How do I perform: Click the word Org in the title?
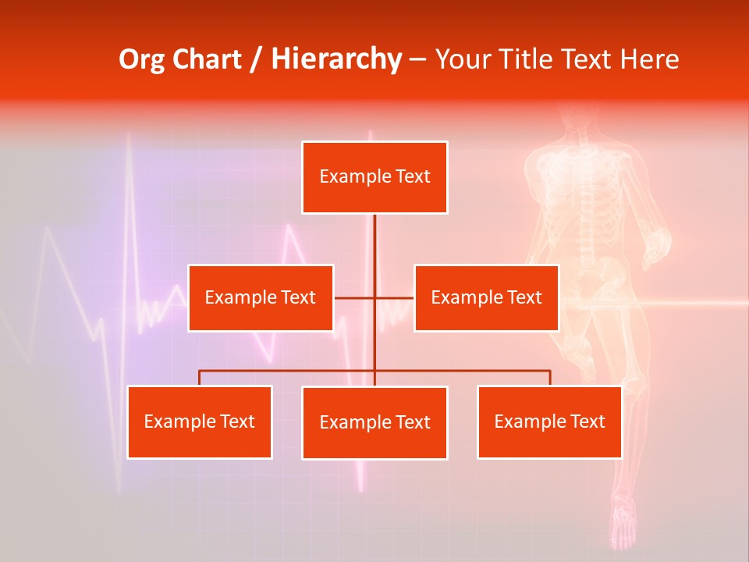pyautogui.click(x=140, y=59)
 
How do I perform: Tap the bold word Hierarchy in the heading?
pyautogui.click(x=336, y=59)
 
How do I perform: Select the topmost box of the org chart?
pyautogui.click(x=374, y=177)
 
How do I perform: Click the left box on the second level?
pyautogui.click(x=261, y=297)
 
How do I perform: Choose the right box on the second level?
pyautogui.click(x=486, y=297)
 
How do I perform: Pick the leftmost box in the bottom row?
pyautogui.click(x=200, y=422)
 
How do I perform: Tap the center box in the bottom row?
pyautogui.click(x=374, y=422)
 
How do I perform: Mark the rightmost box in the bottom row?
pyautogui.click(x=549, y=422)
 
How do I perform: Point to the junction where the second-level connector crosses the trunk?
pyautogui.click(x=374, y=297)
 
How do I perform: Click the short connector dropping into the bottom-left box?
pyautogui.click(x=200, y=378)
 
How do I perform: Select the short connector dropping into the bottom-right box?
pyautogui.click(x=550, y=378)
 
